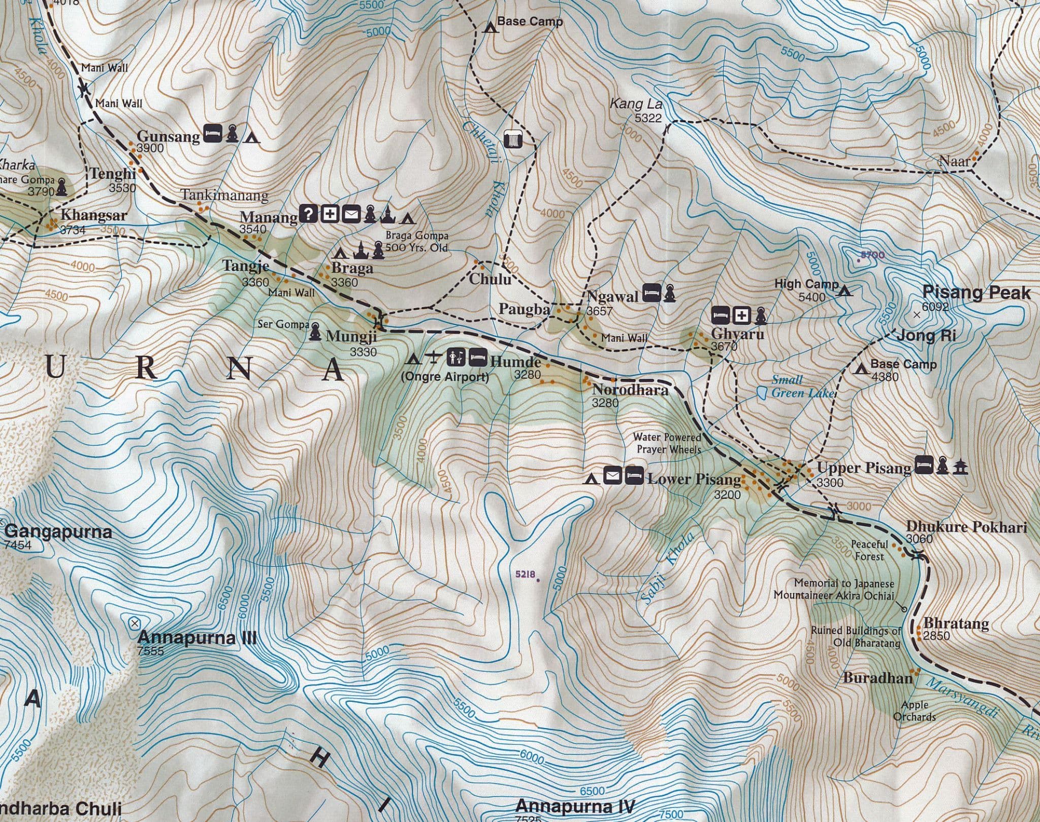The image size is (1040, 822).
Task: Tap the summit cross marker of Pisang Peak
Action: pyautogui.click(x=917, y=315)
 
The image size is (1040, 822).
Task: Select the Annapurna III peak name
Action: pyautogui.click(x=197, y=637)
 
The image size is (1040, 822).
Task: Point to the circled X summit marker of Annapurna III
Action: pyautogui.click(x=134, y=622)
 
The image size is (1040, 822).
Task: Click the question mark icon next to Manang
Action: pyautogui.click(x=308, y=214)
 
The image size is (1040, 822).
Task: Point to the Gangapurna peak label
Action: pyautogui.click(x=58, y=532)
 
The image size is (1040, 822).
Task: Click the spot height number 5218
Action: pyautogui.click(x=525, y=574)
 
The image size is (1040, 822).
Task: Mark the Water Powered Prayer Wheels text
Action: pyautogui.click(x=667, y=443)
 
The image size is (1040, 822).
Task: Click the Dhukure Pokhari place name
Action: pyautogui.click(x=966, y=527)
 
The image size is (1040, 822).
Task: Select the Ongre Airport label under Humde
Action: pyautogui.click(x=444, y=377)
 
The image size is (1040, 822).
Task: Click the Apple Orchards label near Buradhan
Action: pyautogui.click(x=915, y=711)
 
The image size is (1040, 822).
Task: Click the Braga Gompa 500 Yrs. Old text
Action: pyautogui.click(x=416, y=242)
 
